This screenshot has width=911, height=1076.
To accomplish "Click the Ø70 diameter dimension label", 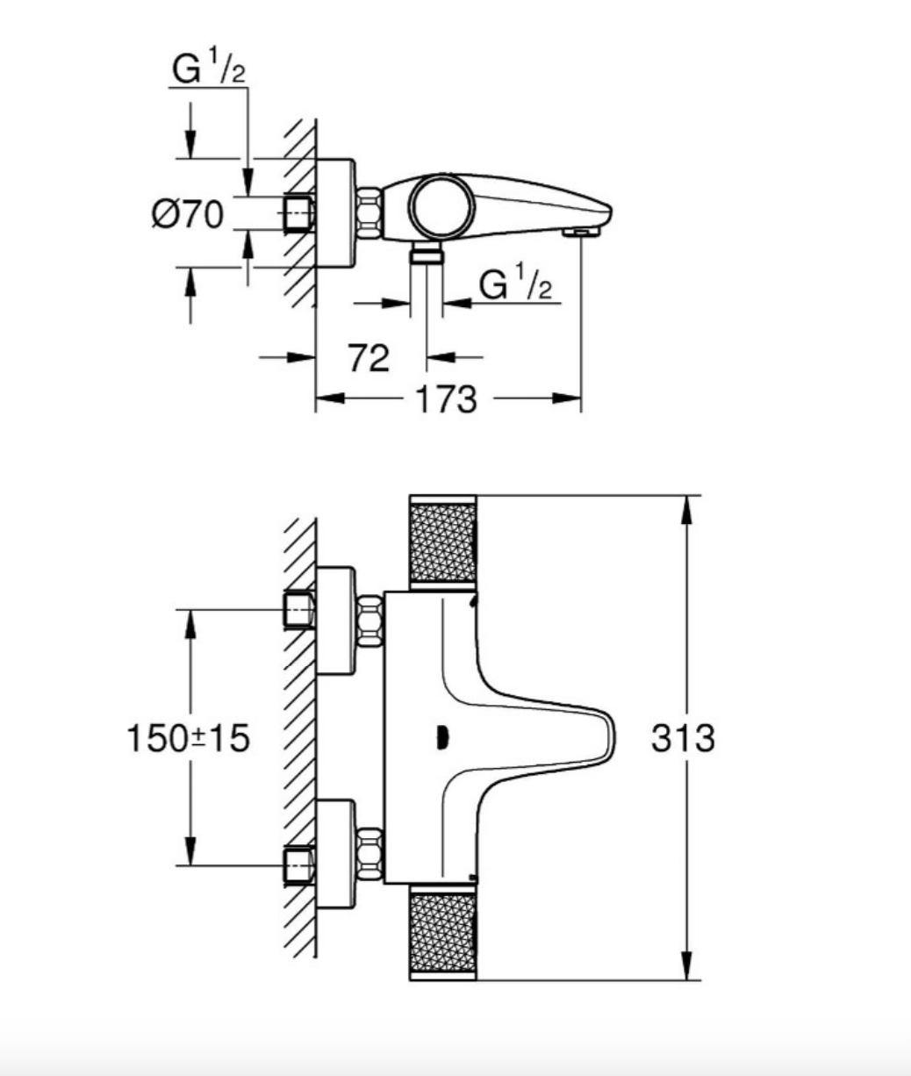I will [x=186, y=213].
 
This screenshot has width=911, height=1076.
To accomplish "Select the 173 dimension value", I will [x=448, y=399].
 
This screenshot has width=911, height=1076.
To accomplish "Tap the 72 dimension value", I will [x=369, y=357].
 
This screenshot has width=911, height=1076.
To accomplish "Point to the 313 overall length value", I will [x=683, y=738].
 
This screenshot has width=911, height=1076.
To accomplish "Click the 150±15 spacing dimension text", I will [x=188, y=738].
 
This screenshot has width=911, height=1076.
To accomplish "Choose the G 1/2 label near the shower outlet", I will [x=517, y=286].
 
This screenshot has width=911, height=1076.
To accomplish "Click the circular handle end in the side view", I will [x=444, y=204].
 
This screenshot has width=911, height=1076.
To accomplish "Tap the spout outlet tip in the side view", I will [x=580, y=232].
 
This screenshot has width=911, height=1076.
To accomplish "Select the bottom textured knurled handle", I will [x=443, y=935].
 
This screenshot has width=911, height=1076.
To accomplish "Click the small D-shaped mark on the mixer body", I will [x=441, y=738].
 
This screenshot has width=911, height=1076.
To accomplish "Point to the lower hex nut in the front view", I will [x=370, y=851].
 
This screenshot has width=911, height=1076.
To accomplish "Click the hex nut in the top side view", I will [x=369, y=212].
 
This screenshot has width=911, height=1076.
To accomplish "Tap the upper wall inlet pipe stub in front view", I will [x=298, y=609].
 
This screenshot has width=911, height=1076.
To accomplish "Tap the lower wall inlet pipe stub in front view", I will [x=298, y=864].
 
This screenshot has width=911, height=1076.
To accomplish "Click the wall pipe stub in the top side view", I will [x=298, y=212].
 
